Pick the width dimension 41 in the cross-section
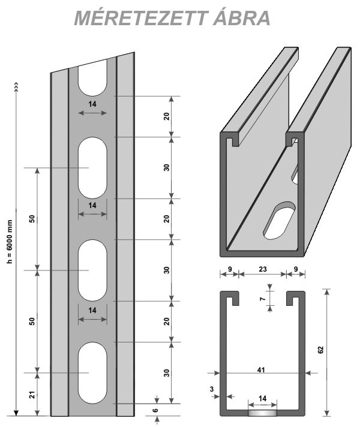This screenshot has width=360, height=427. point(260,370)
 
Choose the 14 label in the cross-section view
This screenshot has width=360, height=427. point(263,398)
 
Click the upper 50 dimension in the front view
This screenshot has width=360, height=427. point(32,219)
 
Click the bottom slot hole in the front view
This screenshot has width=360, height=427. point(92,372)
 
